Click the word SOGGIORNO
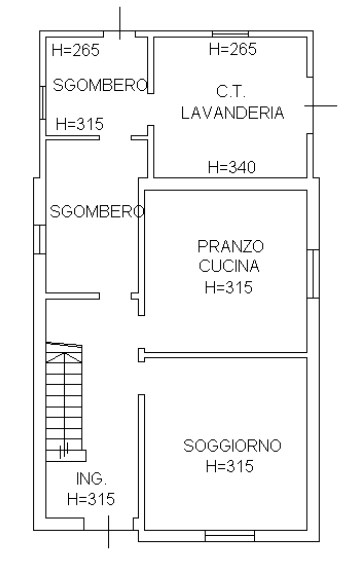pos(232,446)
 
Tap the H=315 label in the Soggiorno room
pos(229,466)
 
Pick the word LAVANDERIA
pos(232,113)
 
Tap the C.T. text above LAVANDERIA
pos(232,92)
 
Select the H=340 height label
pos(231,168)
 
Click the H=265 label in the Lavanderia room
pos(232,49)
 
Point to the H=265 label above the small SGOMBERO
pos(74,49)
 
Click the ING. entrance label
pos(91,479)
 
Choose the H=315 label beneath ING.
pos(91,499)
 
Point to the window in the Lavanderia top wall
pos(231,35)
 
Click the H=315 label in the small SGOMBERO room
pos(79,125)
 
